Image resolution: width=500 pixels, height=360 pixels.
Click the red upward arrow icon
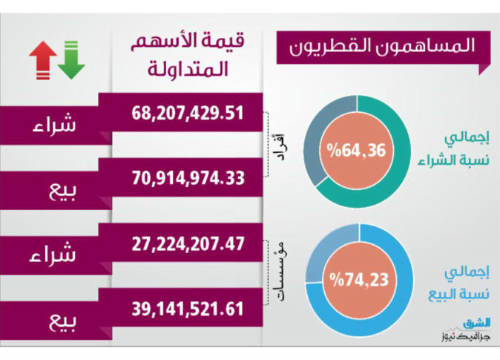[x=43, y=59]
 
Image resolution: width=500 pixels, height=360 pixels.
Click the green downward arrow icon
[x=72, y=59]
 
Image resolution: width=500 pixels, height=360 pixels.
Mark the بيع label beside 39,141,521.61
[x=64, y=321]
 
